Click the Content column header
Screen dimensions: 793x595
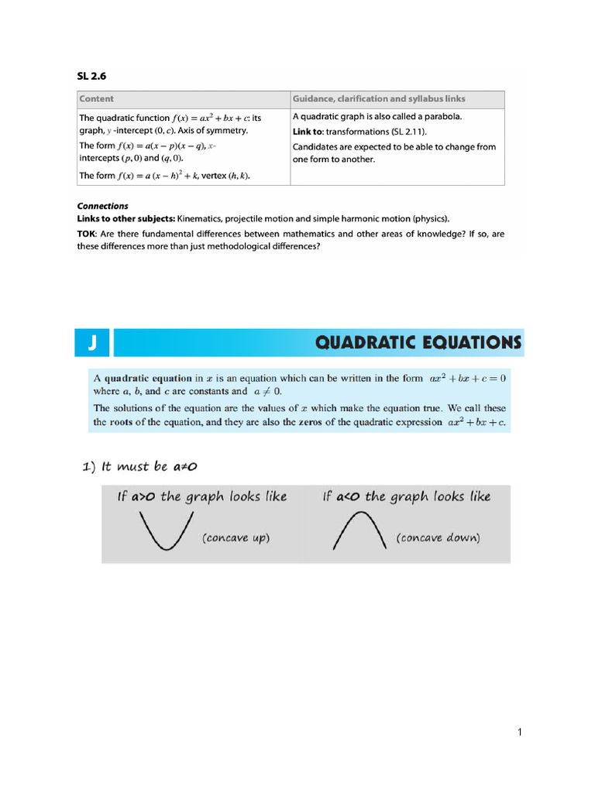[x=97, y=99]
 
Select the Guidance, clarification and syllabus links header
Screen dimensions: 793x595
[x=379, y=99]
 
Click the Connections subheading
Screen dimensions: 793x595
[x=102, y=206]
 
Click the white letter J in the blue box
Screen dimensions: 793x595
[x=91, y=342]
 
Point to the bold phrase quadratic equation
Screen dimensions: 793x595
[x=148, y=379]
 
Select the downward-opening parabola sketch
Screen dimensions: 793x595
[x=359, y=532]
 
